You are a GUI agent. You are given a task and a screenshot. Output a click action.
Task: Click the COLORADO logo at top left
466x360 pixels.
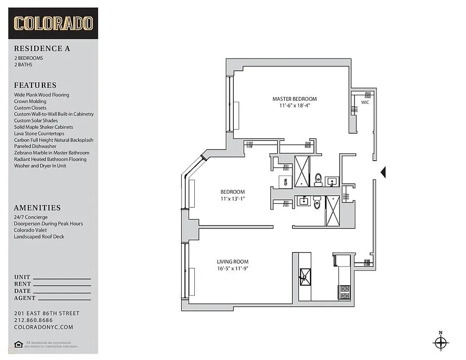pyautogui.click(x=53, y=23)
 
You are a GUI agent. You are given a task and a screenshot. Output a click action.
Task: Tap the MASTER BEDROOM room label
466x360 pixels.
pyautogui.click(x=294, y=99)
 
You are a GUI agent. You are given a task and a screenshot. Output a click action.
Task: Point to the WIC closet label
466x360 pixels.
pyautogui.click(x=365, y=103)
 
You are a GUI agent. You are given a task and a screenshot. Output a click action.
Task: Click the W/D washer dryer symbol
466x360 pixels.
pyautogui.click(x=285, y=181)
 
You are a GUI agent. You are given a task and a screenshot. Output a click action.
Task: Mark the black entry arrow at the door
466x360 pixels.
pyautogui.click(x=383, y=172)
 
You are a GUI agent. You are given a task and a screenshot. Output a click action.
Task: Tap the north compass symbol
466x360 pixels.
pyautogui.click(x=440, y=342)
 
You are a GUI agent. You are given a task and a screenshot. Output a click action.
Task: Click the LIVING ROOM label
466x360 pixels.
pyautogui.click(x=232, y=261)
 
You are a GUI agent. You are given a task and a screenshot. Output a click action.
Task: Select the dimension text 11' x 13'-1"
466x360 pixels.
pyautogui.click(x=233, y=198)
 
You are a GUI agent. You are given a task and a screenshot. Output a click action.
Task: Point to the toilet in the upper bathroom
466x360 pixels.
pyautogui.click(x=318, y=179)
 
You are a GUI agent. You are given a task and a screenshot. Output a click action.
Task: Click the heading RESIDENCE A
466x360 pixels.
pyautogui.click(x=42, y=49)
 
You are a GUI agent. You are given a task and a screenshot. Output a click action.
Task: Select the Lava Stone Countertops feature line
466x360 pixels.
pyautogui.click(x=39, y=134)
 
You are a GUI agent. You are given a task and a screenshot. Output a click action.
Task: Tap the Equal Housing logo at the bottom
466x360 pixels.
pyautogui.click(x=18, y=345)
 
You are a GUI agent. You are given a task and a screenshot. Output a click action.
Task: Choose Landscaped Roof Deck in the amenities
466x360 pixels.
pyautogui.click(x=39, y=236)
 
